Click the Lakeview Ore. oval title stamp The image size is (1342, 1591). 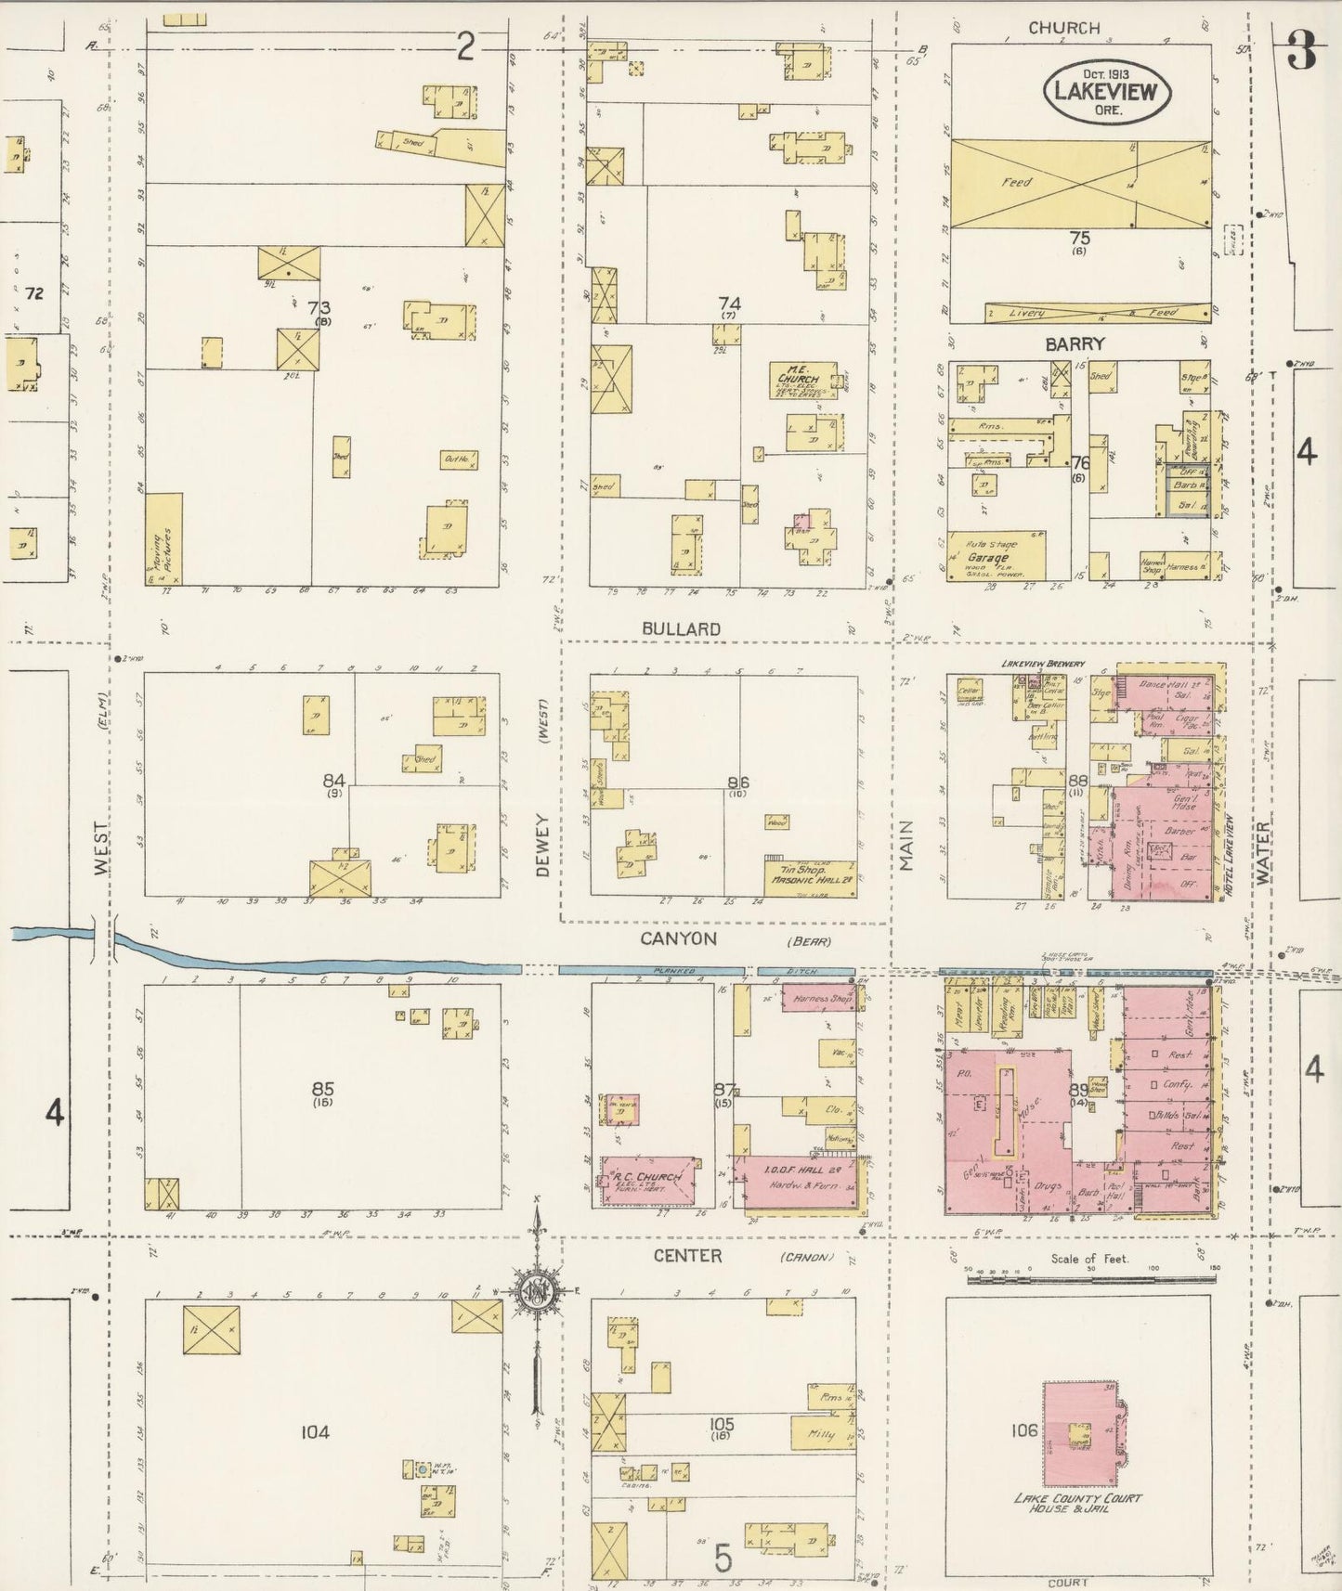click(1107, 91)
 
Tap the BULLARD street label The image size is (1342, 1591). click(682, 628)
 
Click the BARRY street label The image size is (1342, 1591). click(1074, 343)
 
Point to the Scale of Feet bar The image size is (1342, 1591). click(1090, 1277)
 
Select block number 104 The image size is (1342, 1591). click(315, 1432)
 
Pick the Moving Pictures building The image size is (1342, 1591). click(163, 538)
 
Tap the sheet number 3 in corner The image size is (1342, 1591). click(1302, 53)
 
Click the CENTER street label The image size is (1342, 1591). click(686, 1255)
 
